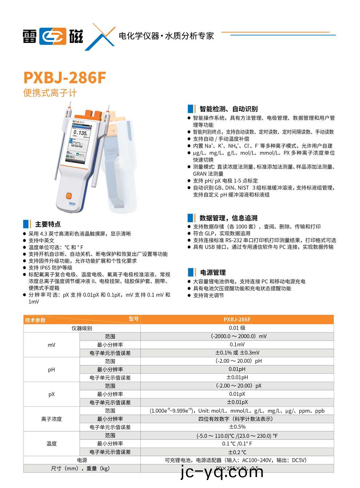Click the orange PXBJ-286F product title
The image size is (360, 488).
coord(65,78)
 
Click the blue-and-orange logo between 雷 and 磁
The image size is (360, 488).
coord(53,36)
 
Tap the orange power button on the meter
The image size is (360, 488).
coord(69,195)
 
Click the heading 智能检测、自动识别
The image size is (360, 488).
coord(228,109)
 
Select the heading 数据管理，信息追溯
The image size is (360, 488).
coord(228,218)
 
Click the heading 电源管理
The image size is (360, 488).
coord(213,273)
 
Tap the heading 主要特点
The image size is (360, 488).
coord(48,224)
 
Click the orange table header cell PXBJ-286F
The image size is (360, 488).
coord(237,320)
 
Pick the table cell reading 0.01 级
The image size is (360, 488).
coord(237,328)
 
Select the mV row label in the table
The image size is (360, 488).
coord(51,345)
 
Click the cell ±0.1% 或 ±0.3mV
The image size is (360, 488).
coord(237,353)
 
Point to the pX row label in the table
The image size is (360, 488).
coord(51,394)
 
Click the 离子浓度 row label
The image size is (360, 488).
coord(51,419)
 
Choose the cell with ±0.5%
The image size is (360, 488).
coord(237,427)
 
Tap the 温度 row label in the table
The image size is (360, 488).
coord(51,444)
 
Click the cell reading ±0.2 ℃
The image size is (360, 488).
coord(237,452)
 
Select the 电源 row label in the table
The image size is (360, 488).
coord(82,460)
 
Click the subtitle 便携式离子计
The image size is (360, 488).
coord(50,93)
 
